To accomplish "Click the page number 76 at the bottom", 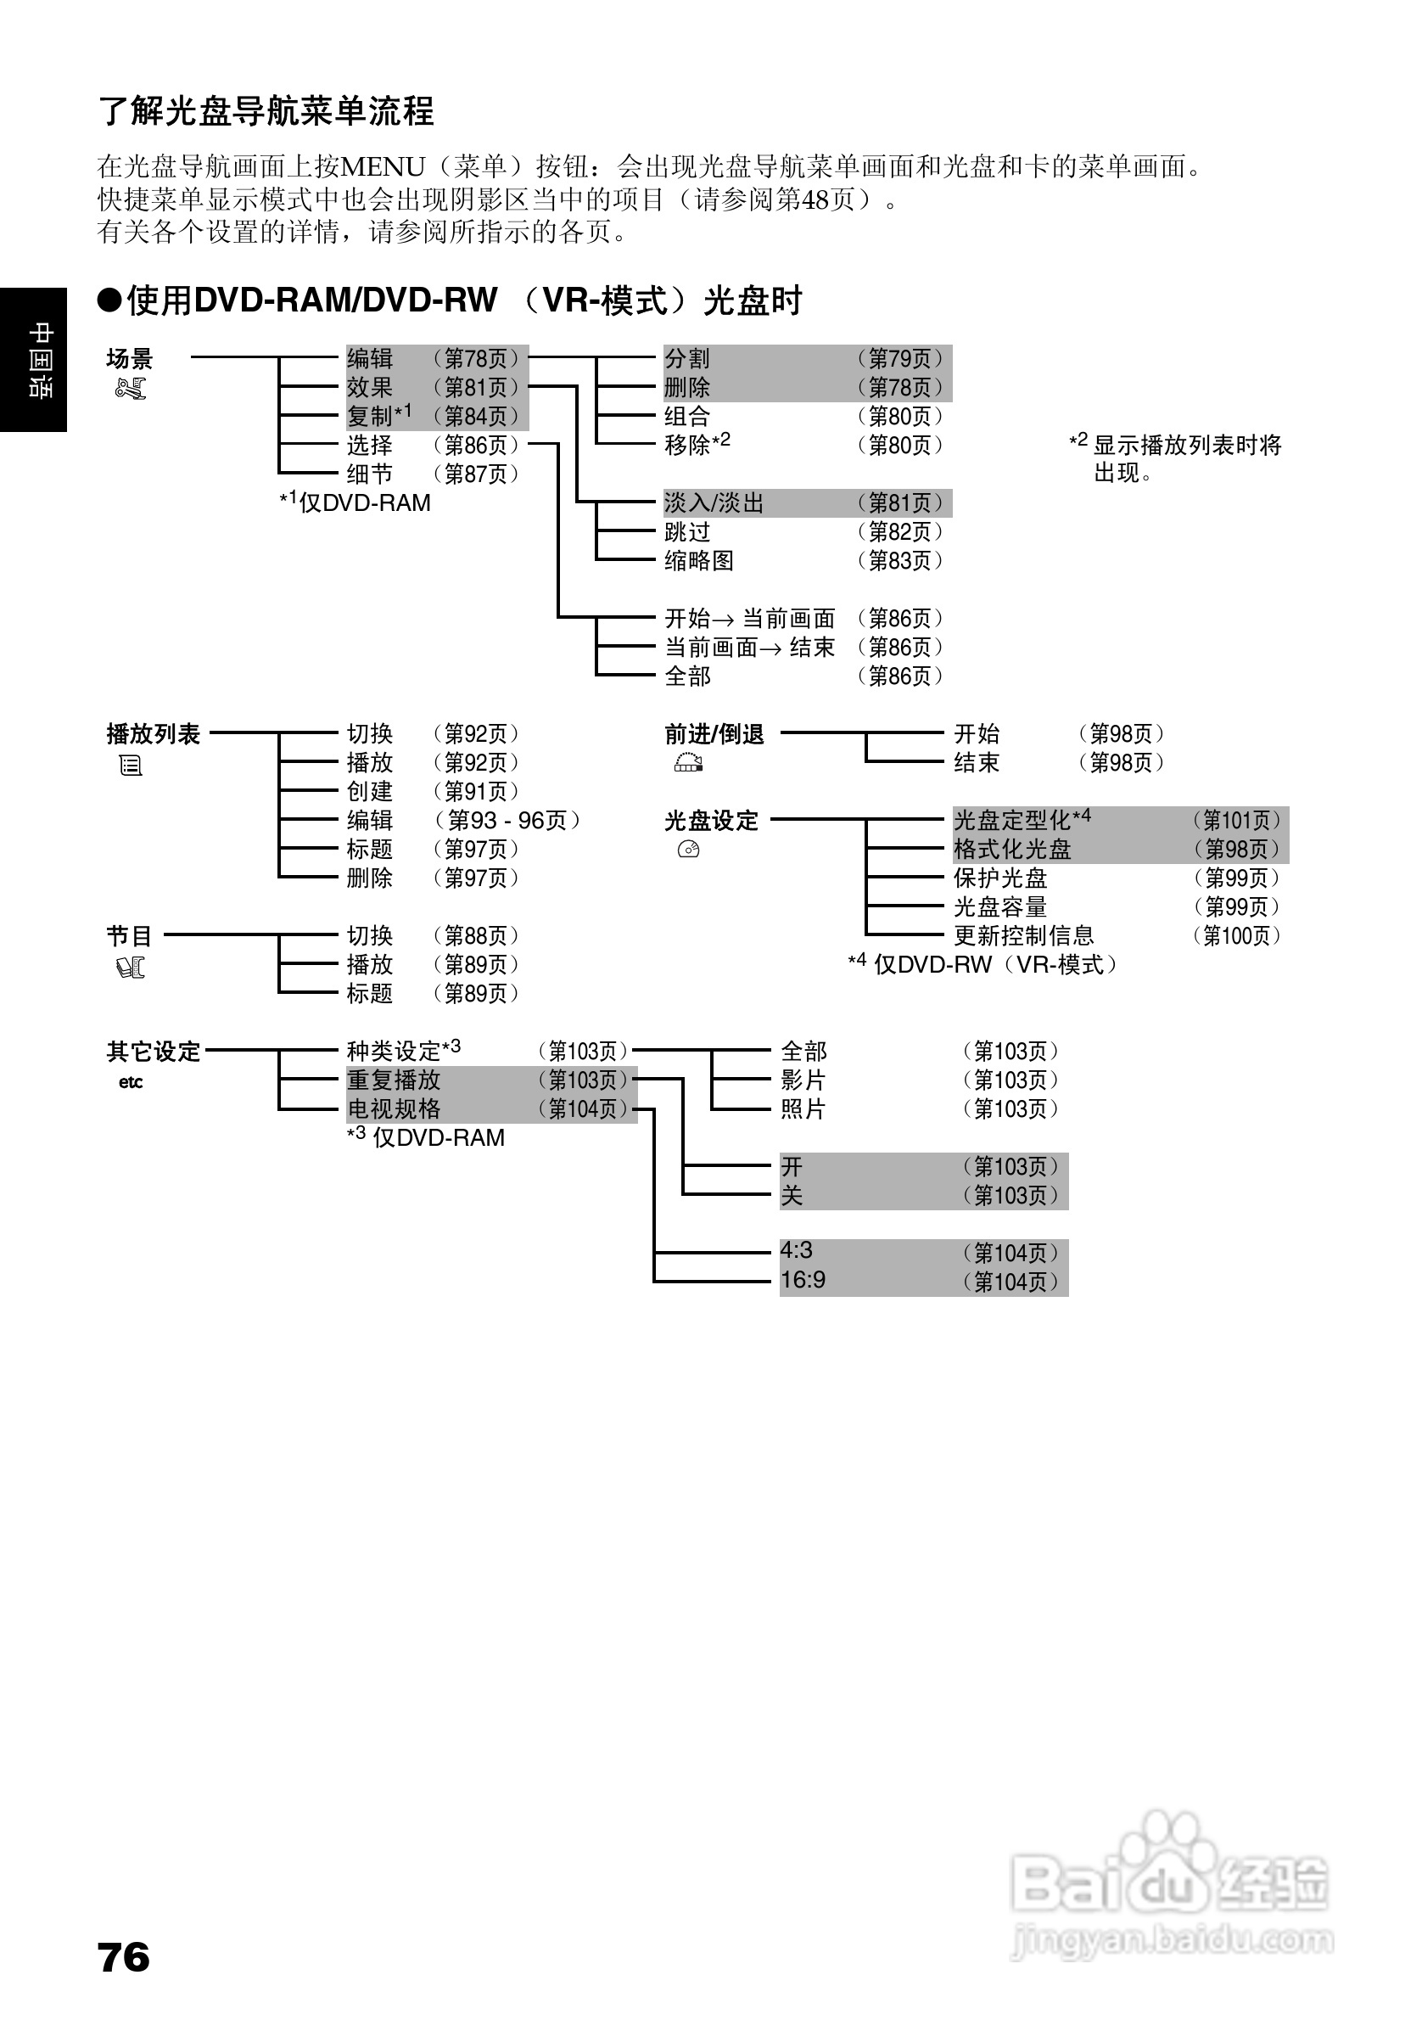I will (x=124, y=1956).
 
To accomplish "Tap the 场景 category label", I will (x=129, y=359).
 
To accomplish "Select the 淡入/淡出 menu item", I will (x=714, y=503).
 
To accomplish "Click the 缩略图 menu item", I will (x=698, y=561).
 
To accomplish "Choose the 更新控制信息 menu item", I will (x=1022, y=936).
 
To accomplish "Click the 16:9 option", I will (x=803, y=1280).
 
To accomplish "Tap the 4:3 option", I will (x=796, y=1251).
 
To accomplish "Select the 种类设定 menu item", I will (x=403, y=1052).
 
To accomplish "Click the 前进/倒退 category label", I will (x=714, y=735).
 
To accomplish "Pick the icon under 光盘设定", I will (x=689, y=850).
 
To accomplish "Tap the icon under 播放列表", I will (x=130, y=766).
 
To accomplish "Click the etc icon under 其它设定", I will (x=130, y=1082).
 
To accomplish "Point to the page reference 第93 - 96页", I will (x=507, y=821).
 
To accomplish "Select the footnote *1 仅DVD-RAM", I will (x=355, y=503).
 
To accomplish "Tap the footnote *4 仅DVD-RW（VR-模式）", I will (x=983, y=965).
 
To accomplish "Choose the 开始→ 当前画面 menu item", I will (x=749, y=620).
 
